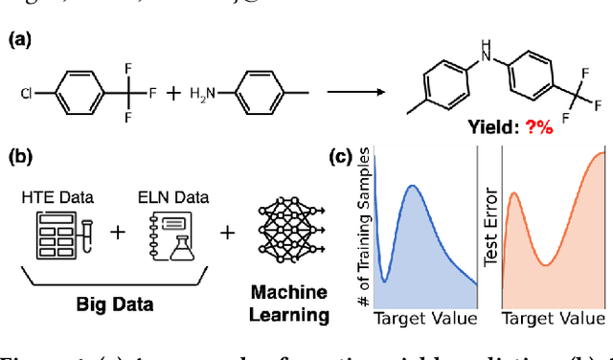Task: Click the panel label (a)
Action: click(20, 40)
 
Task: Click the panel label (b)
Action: click(20, 156)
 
